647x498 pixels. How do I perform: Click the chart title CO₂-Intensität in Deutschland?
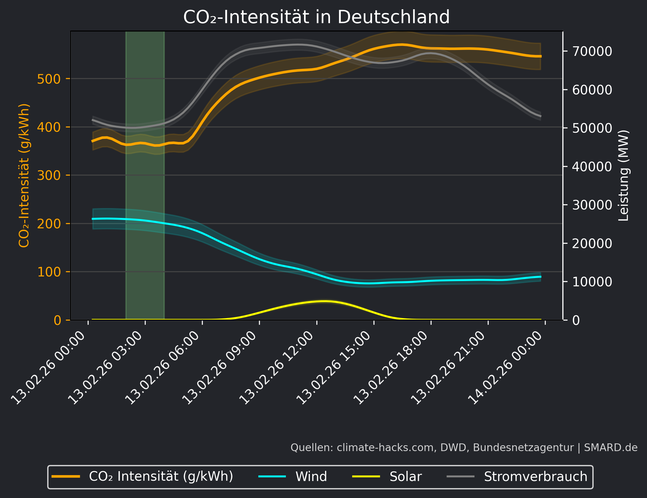(316, 17)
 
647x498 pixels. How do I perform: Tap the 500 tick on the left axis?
(49, 79)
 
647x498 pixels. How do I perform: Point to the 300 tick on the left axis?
(49, 176)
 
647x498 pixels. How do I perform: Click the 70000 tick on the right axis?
(592, 51)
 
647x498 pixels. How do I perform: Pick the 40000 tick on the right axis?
(592, 167)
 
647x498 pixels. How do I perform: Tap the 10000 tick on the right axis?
(592, 282)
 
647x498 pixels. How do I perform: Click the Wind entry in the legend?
(311, 477)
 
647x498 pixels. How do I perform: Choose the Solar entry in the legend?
(405, 477)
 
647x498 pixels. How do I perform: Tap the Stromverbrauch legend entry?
(535, 477)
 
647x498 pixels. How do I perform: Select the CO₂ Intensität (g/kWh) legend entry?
(161, 477)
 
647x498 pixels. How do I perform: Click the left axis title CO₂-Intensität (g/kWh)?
(24, 176)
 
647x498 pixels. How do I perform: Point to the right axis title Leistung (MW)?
(624, 176)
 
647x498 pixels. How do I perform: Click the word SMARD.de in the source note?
(611, 448)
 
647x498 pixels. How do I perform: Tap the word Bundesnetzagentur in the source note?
(523, 448)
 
